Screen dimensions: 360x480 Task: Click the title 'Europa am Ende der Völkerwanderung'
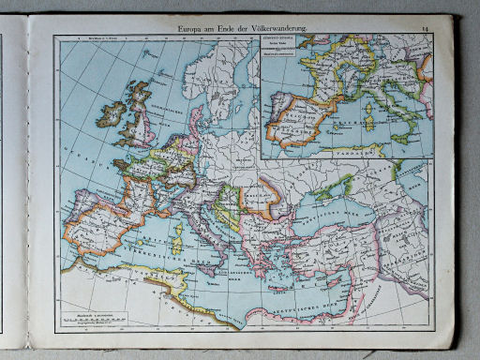pyautogui.click(x=252, y=30)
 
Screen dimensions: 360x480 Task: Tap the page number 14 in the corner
pyautogui.click(x=426, y=30)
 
